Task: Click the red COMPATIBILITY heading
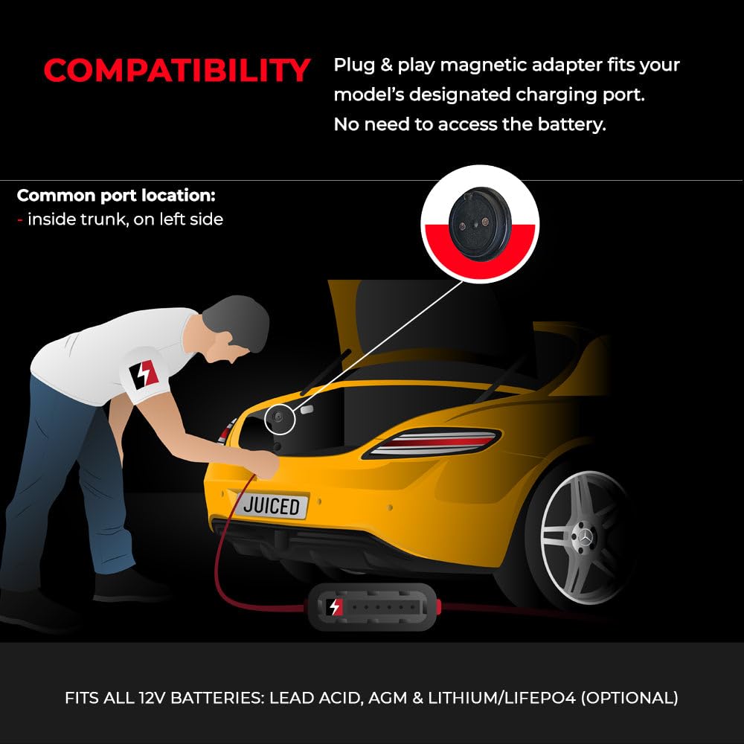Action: (x=176, y=71)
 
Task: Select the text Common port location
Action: (x=116, y=196)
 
